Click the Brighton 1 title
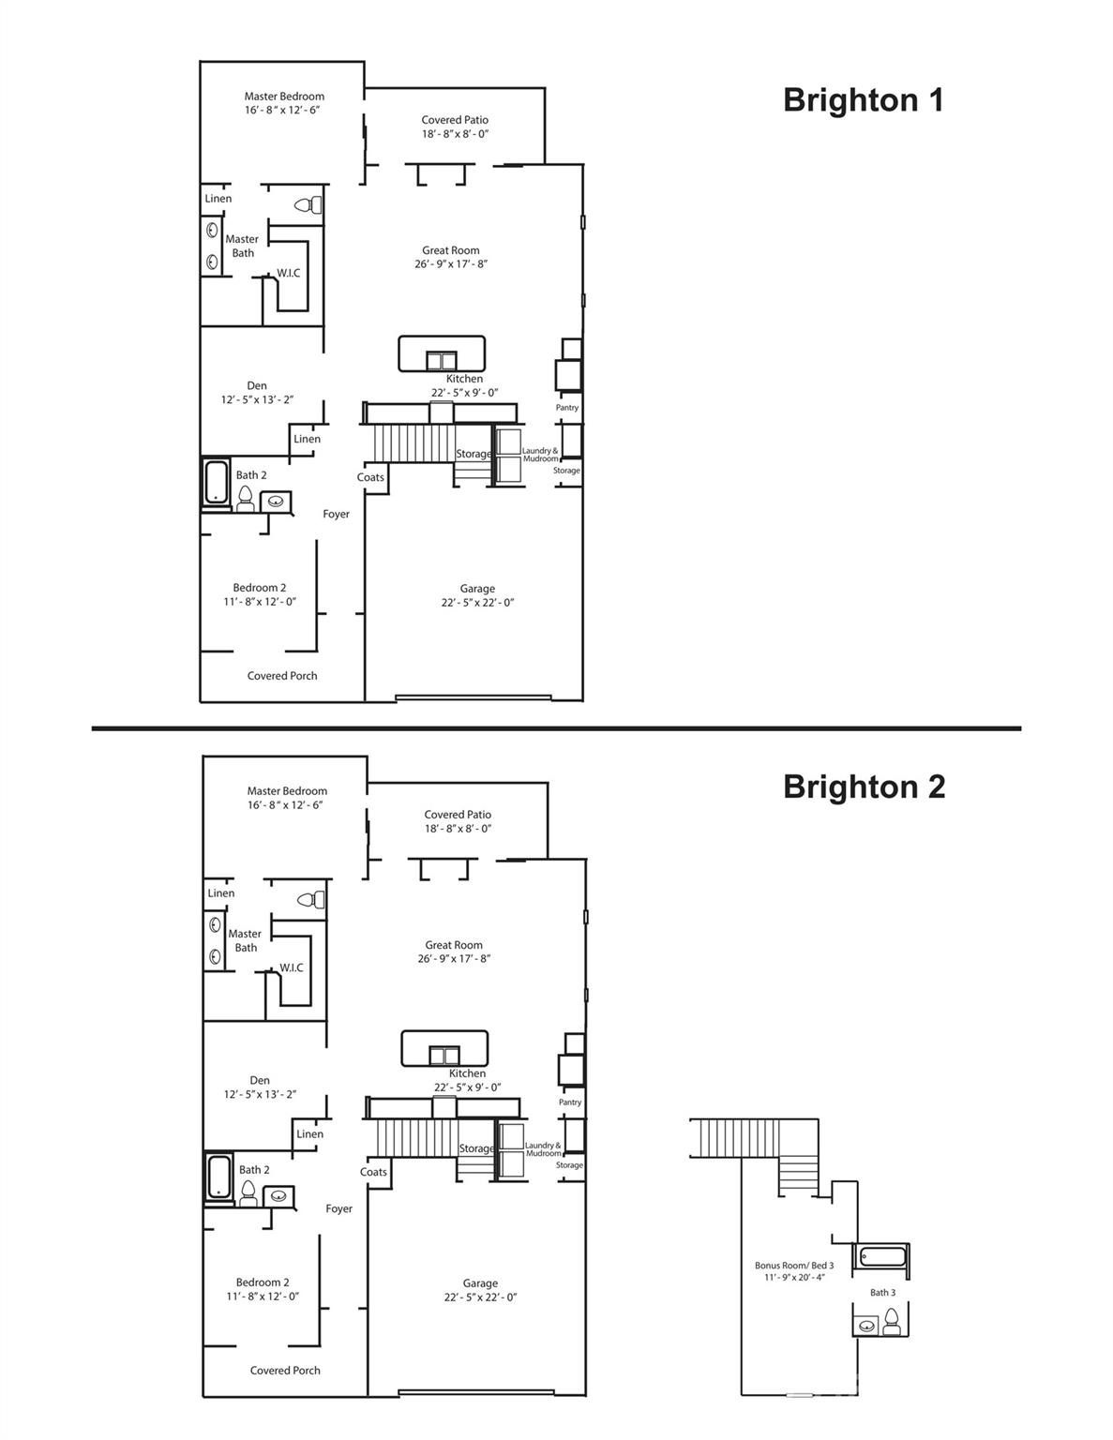tap(864, 100)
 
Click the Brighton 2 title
tap(864, 787)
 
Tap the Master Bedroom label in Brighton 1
tap(284, 97)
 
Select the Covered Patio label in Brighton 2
tap(458, 815)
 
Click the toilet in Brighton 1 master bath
tap(310, 205)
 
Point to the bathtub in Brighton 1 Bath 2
tap(217, 483)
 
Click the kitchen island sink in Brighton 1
tap(441, 360)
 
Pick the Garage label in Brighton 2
tap(480, 1283)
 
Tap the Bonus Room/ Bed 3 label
tap(794, 1265)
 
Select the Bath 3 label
tap(882, 1293)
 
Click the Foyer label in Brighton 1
tap(336, 514)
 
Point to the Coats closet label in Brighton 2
tap(373, 1172)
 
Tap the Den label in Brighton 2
tap(260, 1080)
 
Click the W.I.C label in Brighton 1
tap(289, 274)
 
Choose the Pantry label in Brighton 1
tap(567, 408)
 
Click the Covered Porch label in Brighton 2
tap(285, 1371)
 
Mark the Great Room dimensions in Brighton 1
tap(451, 264)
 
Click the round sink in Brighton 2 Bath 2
tap(278, 1195)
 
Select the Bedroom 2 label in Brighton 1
tap(260, 588)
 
